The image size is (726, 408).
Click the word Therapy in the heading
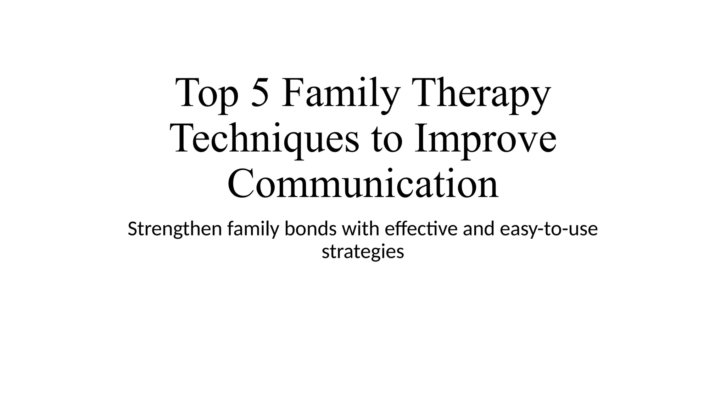(483, 94)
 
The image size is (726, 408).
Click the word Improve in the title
(485, 140)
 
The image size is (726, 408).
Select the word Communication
(363, 184)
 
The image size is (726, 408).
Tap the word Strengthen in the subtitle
(175, 229)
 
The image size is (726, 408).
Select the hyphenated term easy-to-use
(549, 229)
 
